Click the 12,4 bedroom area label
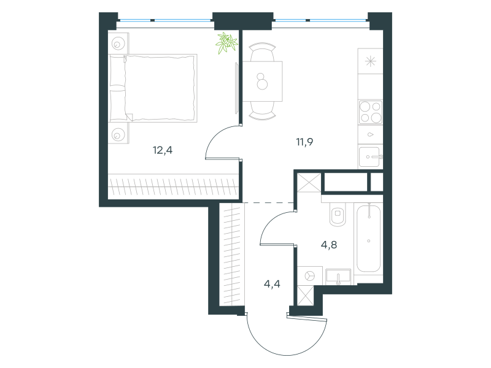pos(163,150)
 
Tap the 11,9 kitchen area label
pos(304,142)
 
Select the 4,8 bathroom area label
pos(329,245)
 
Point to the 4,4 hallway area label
pos(272,284)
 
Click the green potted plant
pos(226,42)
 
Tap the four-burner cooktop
pos(371,112)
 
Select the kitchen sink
pos(370,157)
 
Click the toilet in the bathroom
pos(338,213)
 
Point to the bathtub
pos(369,238)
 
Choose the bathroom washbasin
pos(338,277)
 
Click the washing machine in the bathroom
pos(310,275)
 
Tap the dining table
pos(263,82)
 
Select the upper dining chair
pos(263,52)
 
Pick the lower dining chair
pos(263,111)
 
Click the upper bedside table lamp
pos(118,44)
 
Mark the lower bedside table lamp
pos(118,136)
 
